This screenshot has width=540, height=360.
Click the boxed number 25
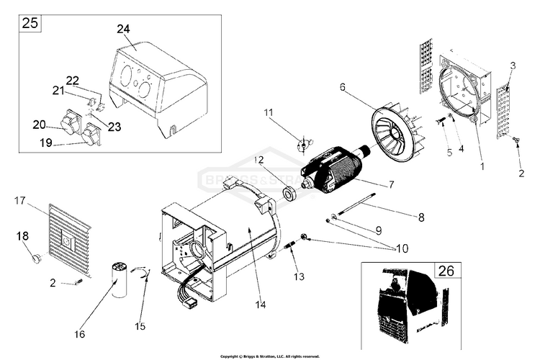click(x=30, y=22)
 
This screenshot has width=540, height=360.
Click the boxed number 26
click(x=446, y=271)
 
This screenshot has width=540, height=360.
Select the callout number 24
click(x=123, y=30)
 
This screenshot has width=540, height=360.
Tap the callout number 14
click(x=260, y=305)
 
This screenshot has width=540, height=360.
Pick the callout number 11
click(x=268, y=112)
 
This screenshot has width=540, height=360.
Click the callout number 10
click(x=401, y=248)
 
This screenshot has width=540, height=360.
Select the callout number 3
click(x=512, y=66)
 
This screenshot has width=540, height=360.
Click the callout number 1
click(x=481, y=165)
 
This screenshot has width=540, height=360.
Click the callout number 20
click(x=39, y=125)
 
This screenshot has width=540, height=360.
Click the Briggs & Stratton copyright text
click(x=269, y=356)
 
